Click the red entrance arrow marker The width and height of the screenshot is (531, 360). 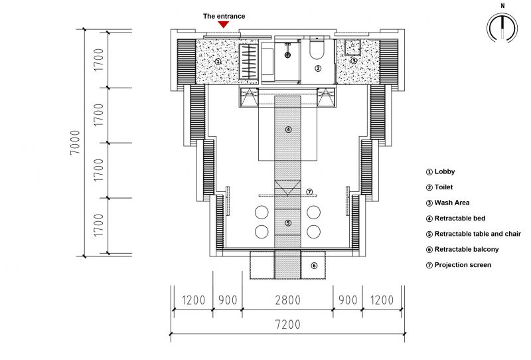click(x=223, y=25)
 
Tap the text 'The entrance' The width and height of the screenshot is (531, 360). click(x=224, y=16)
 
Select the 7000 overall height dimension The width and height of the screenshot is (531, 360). click(x=75, y=142)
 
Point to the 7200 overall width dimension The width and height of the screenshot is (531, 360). click(x=287, y=324)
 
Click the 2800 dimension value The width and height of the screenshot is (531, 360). click(x=287, y=300)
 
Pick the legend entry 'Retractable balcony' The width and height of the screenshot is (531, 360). click(x=462, y=250)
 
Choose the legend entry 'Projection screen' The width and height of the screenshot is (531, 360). click(x=459, y=265)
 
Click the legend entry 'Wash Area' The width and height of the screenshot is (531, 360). click(x=447, y=203)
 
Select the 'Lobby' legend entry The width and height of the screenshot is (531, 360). click(x=440, y=171)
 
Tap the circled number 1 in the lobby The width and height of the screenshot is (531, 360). click(x=218, y=62)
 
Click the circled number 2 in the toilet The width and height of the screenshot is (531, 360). click(x=318, y=68)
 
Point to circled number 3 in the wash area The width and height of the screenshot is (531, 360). click(x=354, y=60)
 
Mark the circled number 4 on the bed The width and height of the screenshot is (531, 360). click(x=288, y=129)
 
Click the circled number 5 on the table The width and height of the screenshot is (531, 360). click(x=288, y=223)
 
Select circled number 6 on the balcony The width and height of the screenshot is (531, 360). click(x=314, y=266)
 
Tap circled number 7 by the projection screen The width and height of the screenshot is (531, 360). click(x=309, y=192)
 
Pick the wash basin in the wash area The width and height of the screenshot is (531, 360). click(x=352, y=46)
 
